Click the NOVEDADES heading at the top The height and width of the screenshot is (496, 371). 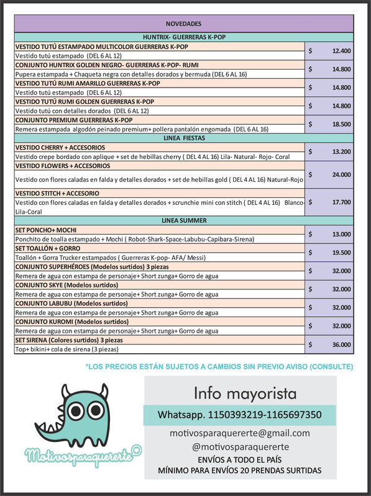(185, 24)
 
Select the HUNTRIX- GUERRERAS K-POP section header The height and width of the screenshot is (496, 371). (185, 37)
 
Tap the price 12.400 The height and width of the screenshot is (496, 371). (341, 51)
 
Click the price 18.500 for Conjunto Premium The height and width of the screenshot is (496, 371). (341, 124)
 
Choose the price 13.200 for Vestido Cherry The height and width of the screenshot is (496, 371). (341, 151)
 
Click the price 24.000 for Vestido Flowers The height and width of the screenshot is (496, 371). (341, 175)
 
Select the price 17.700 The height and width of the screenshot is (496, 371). (341, 202)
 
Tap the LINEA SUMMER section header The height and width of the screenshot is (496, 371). (185, 220)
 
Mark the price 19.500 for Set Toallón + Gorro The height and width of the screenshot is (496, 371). (341, 253)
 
